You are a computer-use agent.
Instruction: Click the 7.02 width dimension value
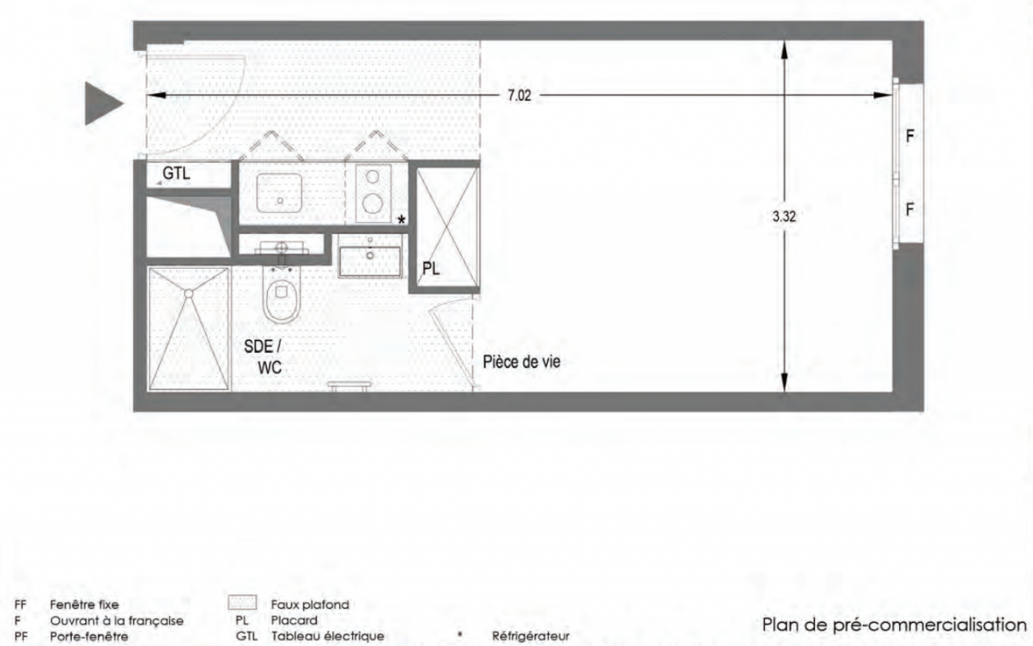[x=519, y=95]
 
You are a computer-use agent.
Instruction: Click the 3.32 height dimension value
[x=784, y=216]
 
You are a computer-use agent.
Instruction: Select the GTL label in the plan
[x=176, y=174]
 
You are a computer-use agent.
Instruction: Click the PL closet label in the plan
[x=431, y=268]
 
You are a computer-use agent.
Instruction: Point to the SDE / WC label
[x=263, y=357]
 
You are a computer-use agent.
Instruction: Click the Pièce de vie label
[x=521, y=362]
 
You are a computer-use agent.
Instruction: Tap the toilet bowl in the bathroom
[x=282, y=296]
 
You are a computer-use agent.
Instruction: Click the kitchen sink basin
[x=279, y=193]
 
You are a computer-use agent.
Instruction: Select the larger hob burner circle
[x=373, y=203]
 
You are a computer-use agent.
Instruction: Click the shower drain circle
[x=189, y=293]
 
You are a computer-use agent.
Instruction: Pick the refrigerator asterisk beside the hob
[x=402, y=220]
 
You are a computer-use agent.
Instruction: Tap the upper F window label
[x=910, y=136]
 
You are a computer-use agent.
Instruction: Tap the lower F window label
[x=910, y=210]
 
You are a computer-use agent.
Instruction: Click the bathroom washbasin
[x=370, y=261]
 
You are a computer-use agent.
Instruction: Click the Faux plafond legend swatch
[x=242, y=602]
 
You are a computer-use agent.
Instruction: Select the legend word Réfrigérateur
[x=530, y=636]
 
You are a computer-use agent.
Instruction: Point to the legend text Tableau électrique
[x=328, y=636]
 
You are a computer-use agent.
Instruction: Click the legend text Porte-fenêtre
[x=89, y=636]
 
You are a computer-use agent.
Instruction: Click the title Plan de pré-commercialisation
[x=894, y=625]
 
